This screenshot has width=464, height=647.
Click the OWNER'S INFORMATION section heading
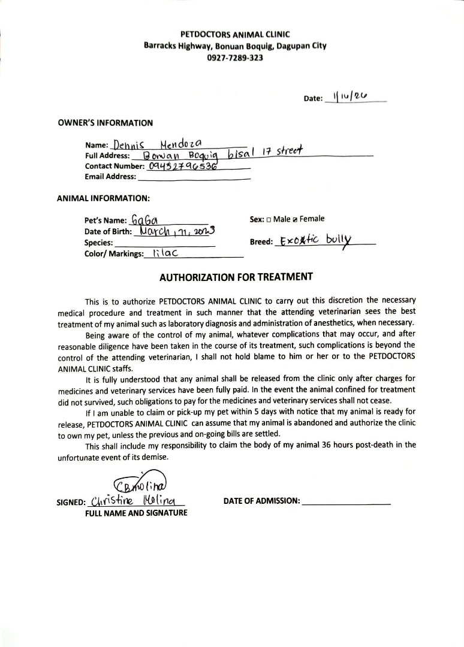pos(105,123)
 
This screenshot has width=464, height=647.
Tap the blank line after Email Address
pos(194,177)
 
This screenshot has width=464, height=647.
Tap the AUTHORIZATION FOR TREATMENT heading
pos(236,277)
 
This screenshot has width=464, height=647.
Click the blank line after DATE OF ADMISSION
pos(347,502)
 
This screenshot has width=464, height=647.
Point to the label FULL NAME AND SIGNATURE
pos(136,513)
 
